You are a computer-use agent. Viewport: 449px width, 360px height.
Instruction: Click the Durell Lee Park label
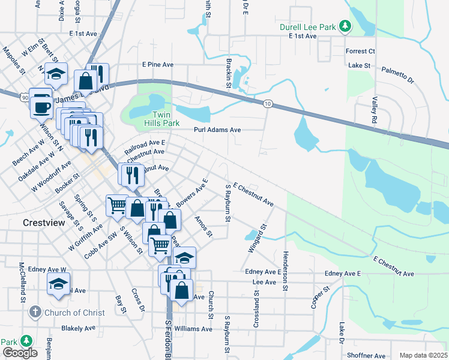click(x=307, y=27)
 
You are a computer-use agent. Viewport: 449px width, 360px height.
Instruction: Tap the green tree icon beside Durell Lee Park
click(x=345, y=26)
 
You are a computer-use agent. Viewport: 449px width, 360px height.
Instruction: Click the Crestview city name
click(x=43, y=222)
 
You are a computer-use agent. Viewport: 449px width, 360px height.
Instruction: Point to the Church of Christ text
click(x=75, y=313)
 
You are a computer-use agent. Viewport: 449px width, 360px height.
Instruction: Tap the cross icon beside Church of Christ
click(x=35, y=312)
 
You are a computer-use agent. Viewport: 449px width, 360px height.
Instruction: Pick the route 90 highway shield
click(x=23, y=97)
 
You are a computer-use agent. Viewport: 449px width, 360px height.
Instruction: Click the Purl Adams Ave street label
click(x=217, y=130)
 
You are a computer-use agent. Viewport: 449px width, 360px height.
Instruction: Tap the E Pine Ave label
click(x=158, y=64)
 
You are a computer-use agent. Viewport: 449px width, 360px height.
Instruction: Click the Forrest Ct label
click(x=360, y=52)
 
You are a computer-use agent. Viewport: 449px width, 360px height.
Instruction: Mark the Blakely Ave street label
click(x=78, y=328)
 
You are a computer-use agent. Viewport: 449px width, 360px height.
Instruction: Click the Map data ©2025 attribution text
click(x=423, y=355)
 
